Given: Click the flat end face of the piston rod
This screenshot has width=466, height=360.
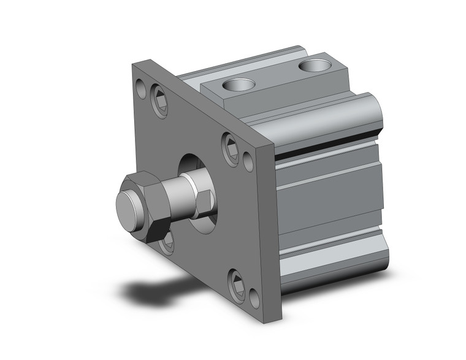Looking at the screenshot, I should [128, 209].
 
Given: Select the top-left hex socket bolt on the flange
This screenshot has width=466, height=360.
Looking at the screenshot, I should [160, 101].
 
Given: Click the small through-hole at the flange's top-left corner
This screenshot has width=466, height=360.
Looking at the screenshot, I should [141, 91].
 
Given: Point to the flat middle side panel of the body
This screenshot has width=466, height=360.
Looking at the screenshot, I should [331, 202].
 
